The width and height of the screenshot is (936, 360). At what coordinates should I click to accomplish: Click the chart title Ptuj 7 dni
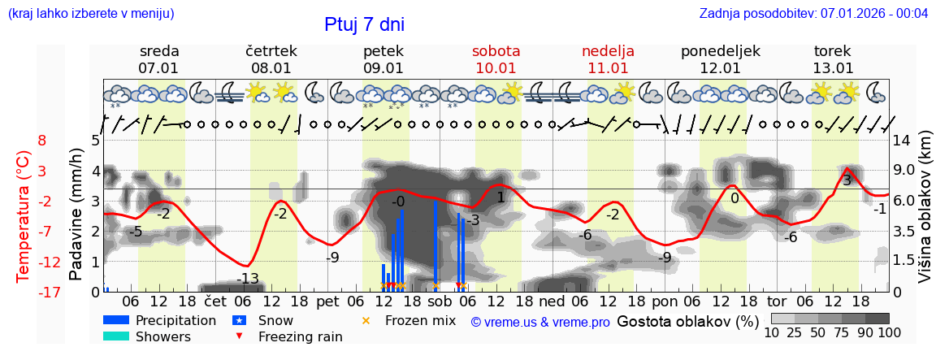(x=364, y=24)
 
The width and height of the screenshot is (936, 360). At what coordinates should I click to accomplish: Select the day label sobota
(x=496, y=51)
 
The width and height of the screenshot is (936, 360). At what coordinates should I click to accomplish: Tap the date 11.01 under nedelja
(x=608, y=68)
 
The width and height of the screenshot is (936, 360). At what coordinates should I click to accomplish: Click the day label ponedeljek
(x=720, y=51)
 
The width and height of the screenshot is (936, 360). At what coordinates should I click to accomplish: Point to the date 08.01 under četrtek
(x=271, y=68)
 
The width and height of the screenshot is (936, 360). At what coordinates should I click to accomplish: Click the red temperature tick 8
(x=42, y=141)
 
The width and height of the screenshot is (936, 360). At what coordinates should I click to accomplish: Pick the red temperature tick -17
(x=50, y=293)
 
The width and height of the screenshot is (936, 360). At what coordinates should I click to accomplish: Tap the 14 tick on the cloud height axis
(x=903, y=141)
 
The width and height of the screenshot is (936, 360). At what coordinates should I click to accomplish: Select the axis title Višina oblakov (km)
(x=925, y=216)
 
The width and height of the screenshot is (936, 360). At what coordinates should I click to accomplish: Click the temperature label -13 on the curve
(x=248, y=280)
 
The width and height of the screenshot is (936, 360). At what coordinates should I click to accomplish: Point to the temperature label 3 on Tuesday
(x=847, y=180)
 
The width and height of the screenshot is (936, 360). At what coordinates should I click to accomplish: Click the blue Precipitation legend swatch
(x=116, y=320)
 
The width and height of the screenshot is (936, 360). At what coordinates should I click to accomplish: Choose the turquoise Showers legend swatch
(x=116, y=336)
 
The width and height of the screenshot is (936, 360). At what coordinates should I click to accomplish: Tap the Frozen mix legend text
(x=420, y=320)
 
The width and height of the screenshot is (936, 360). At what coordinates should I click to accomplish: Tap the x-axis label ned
(x=552, y=302)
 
